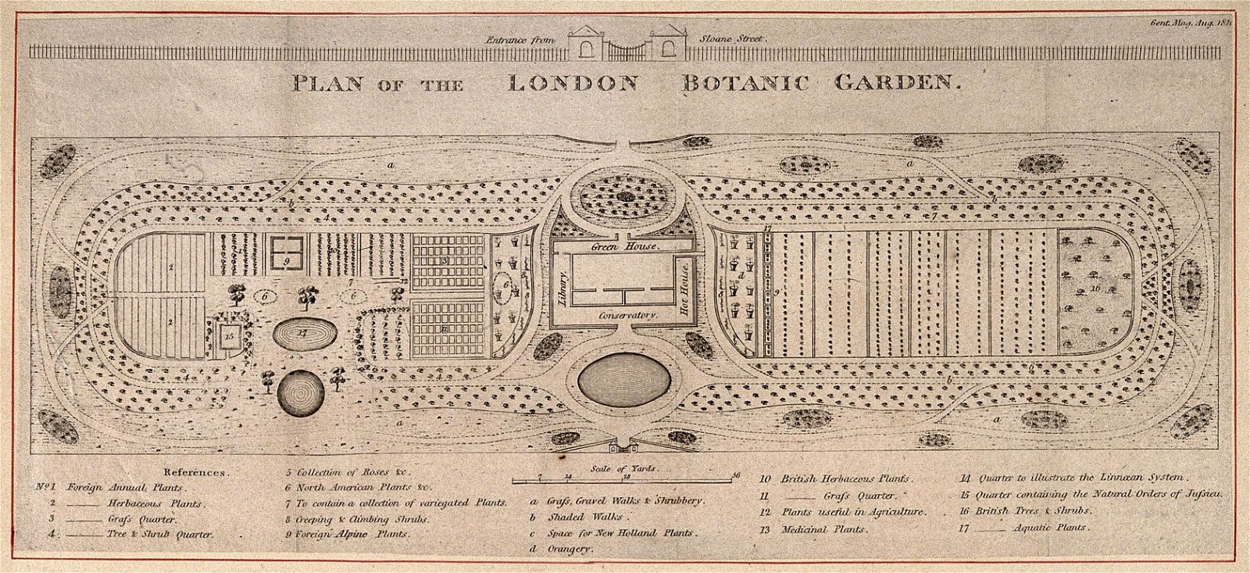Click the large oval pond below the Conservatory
[624, 379]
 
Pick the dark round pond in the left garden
[300, 389]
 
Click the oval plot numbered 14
[305, 333]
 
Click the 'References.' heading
[195, 473]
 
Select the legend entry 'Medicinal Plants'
[822, 529]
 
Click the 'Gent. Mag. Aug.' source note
[1191, 23]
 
